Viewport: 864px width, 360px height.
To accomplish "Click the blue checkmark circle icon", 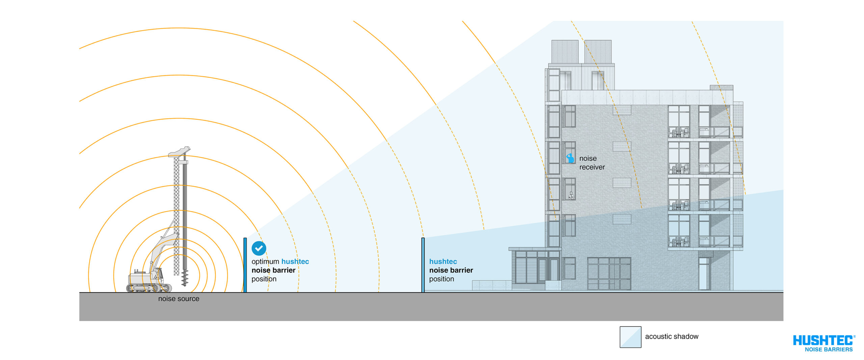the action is point(259,248).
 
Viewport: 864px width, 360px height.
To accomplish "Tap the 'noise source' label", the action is point(179,299).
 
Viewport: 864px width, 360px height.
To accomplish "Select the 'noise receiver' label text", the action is point(592,163).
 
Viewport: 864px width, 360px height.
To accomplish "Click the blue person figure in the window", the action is point(570,158).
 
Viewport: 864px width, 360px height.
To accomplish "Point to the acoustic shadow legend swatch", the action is point(630,337).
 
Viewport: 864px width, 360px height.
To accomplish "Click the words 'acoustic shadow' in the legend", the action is point(672,336).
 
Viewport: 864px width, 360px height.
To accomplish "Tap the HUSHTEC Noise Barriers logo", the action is point(824,343).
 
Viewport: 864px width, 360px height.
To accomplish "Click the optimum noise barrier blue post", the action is point(245,265).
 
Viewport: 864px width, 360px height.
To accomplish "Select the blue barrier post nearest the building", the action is point(423,265).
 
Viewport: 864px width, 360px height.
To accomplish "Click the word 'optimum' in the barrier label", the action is point(265,261).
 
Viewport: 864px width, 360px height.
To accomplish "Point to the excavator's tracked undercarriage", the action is point(149,288).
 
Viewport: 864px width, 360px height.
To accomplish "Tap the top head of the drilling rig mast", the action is point(180,151).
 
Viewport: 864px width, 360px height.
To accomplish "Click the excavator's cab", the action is point(157,275).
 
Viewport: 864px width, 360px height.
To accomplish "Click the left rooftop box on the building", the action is point(565,52).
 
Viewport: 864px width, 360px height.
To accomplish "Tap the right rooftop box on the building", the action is point(598,52).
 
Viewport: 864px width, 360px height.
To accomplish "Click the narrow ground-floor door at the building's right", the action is point(704,274).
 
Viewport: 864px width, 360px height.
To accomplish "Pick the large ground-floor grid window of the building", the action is point(609,273).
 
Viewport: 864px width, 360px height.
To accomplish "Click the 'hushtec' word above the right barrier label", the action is point(443,261).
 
